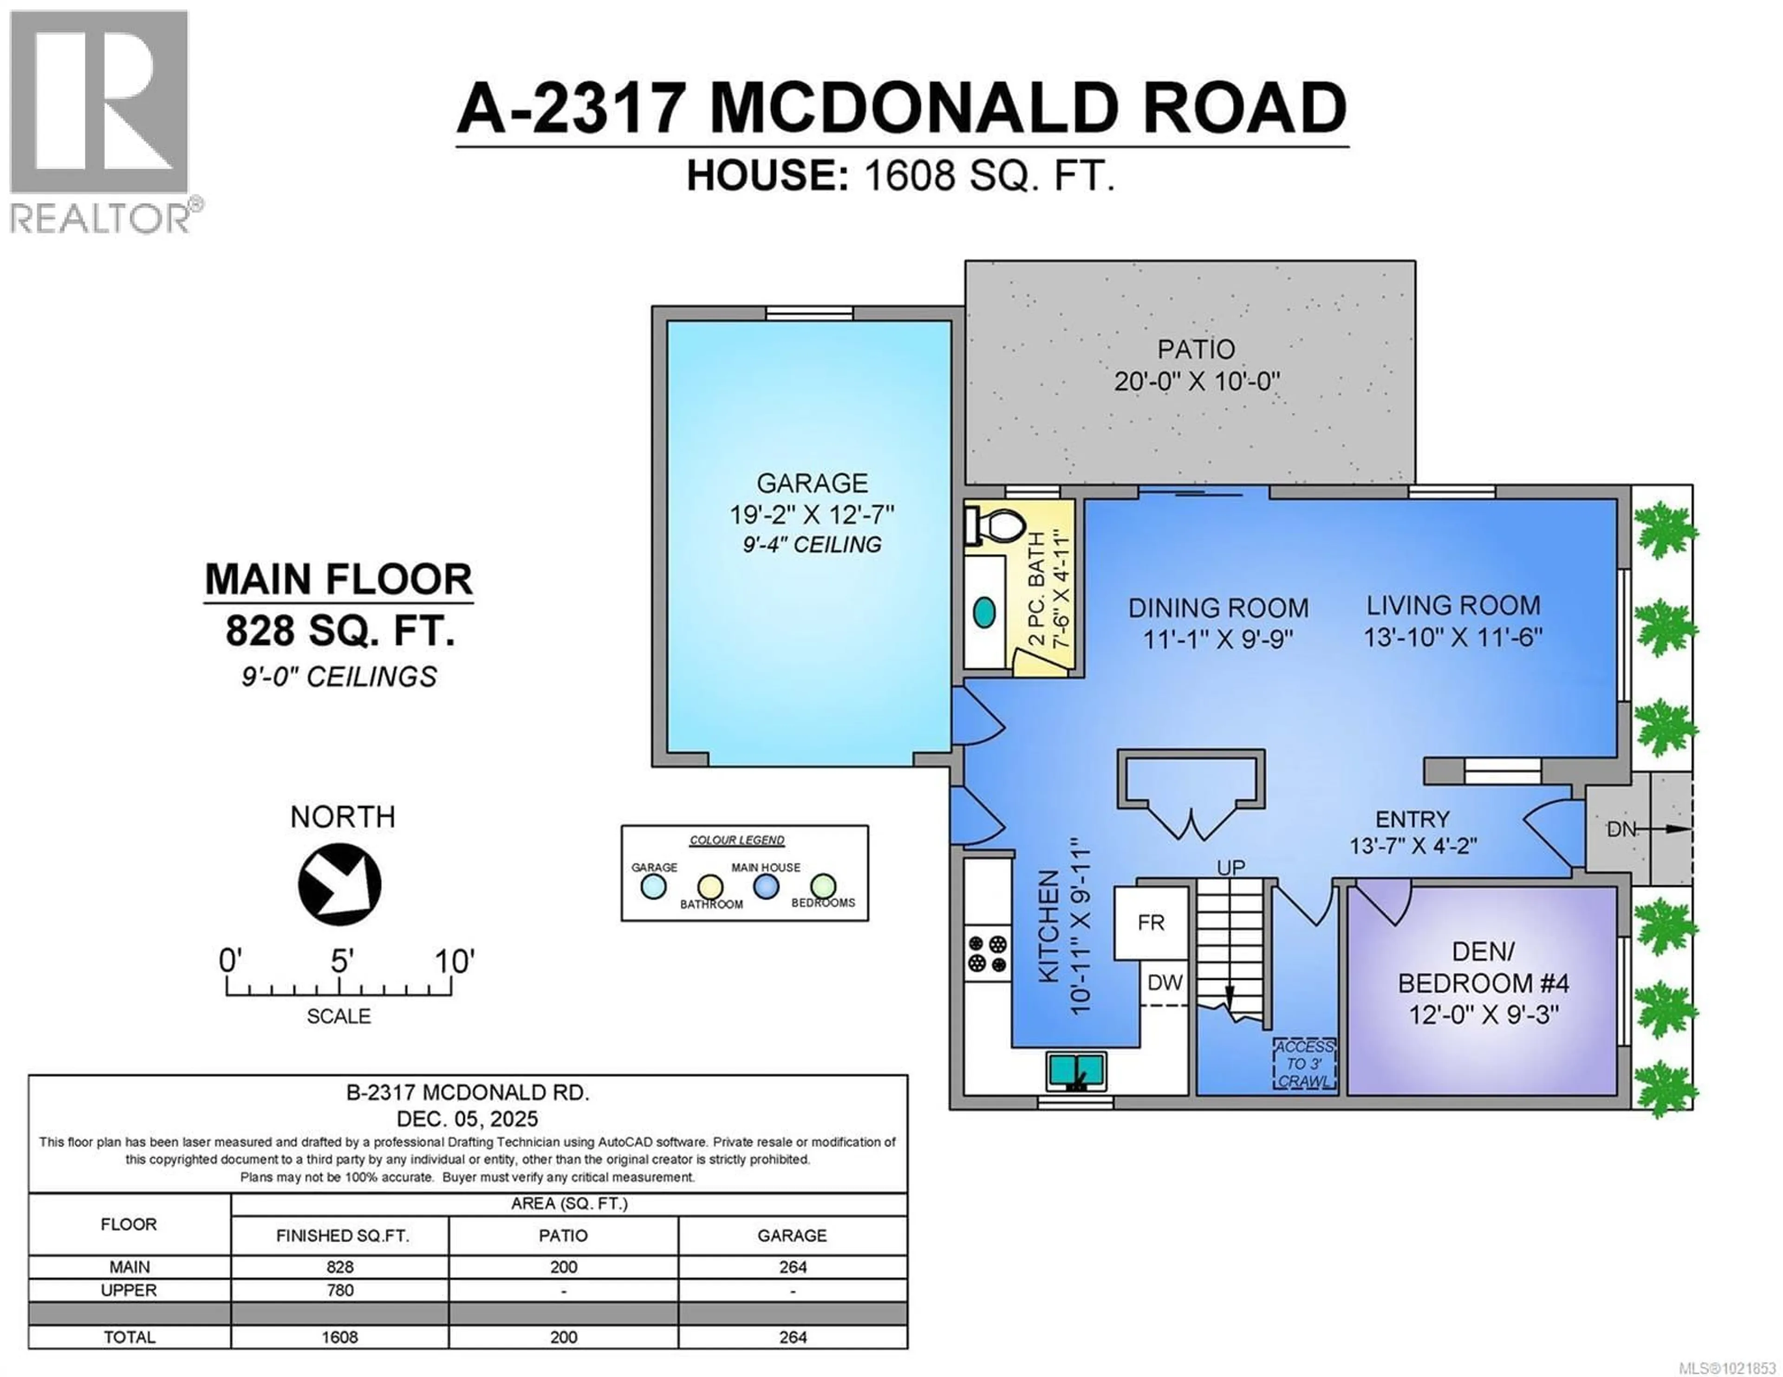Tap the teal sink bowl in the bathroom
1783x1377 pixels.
point(984,612)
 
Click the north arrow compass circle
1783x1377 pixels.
point(339,885)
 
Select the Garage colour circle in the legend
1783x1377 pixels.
point(653,886)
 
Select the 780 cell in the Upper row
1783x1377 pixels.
point(339,1290)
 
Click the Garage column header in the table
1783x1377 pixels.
point(792,1235)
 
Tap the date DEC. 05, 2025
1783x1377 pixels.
point(467,1118)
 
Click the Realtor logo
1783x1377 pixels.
point(100,123)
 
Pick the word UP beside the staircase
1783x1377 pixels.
point(1230,868)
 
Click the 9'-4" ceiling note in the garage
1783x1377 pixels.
point(812,544)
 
